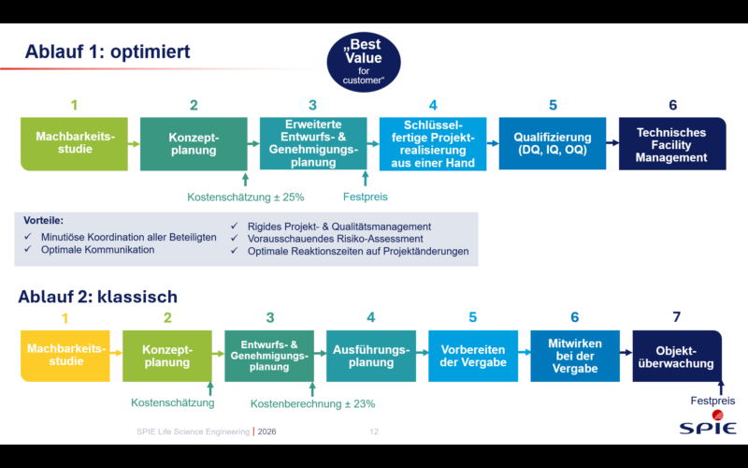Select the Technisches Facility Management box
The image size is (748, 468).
(672, 144)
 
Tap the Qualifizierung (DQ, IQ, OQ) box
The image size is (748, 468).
(553, 143)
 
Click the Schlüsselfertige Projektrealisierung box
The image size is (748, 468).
(433, 143)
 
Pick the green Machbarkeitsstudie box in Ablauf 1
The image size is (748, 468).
(75, 143)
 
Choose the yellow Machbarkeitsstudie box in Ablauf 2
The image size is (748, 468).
(65, 355)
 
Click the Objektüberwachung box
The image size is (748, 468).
(678, 356)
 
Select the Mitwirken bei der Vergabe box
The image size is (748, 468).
(574, 356)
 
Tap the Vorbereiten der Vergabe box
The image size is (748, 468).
(472, 356)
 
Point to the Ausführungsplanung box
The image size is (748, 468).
(370, 356)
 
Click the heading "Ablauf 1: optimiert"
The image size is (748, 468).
(108, 51)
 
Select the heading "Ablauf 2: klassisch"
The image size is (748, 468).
(97, 297)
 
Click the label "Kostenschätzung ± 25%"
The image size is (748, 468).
(246, 197)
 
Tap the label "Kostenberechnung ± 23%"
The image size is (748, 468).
(312, 403)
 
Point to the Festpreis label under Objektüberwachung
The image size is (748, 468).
(712, 401)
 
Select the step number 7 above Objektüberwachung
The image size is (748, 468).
(677, 317)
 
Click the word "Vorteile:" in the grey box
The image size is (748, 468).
(45, 221)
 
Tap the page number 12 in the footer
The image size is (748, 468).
(374, 431)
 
